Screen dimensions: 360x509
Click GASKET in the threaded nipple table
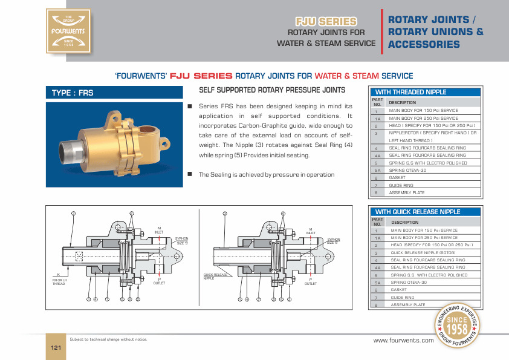[x=397, y=178]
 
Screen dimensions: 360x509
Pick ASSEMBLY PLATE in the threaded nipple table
[x=406, y=192]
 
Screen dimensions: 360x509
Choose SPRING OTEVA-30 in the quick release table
[x=409, y=283]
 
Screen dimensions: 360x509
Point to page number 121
[x=56, y=347]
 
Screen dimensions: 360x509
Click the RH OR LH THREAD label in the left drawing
[x=59, y=282]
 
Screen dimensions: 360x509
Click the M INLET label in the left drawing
[x=159, y=231]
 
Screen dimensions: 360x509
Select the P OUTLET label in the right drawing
[x=310, y=281]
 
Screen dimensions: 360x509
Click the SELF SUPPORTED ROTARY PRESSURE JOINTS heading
[x=272, y=90]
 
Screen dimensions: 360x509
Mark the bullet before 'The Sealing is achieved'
[x=189, y=174]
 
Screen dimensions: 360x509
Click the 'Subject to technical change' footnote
[x=108, y=339]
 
